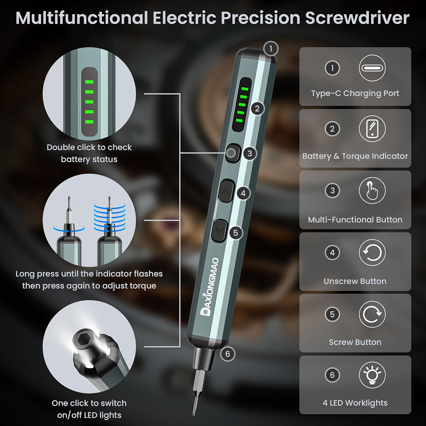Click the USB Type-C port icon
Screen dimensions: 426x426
372,68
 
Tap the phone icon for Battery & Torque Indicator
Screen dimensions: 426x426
372,129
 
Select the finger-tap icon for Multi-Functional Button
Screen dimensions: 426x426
372,191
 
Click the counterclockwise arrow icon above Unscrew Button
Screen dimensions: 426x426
372,253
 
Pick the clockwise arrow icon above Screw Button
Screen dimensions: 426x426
372,314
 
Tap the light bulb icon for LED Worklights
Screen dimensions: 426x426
372,375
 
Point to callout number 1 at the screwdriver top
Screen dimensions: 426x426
271,49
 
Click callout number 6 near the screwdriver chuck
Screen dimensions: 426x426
228,354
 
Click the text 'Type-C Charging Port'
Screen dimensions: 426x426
355,94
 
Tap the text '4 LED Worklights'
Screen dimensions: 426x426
355,403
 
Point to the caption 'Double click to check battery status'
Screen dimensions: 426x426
89,153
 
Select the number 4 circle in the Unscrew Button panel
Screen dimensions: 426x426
332,253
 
